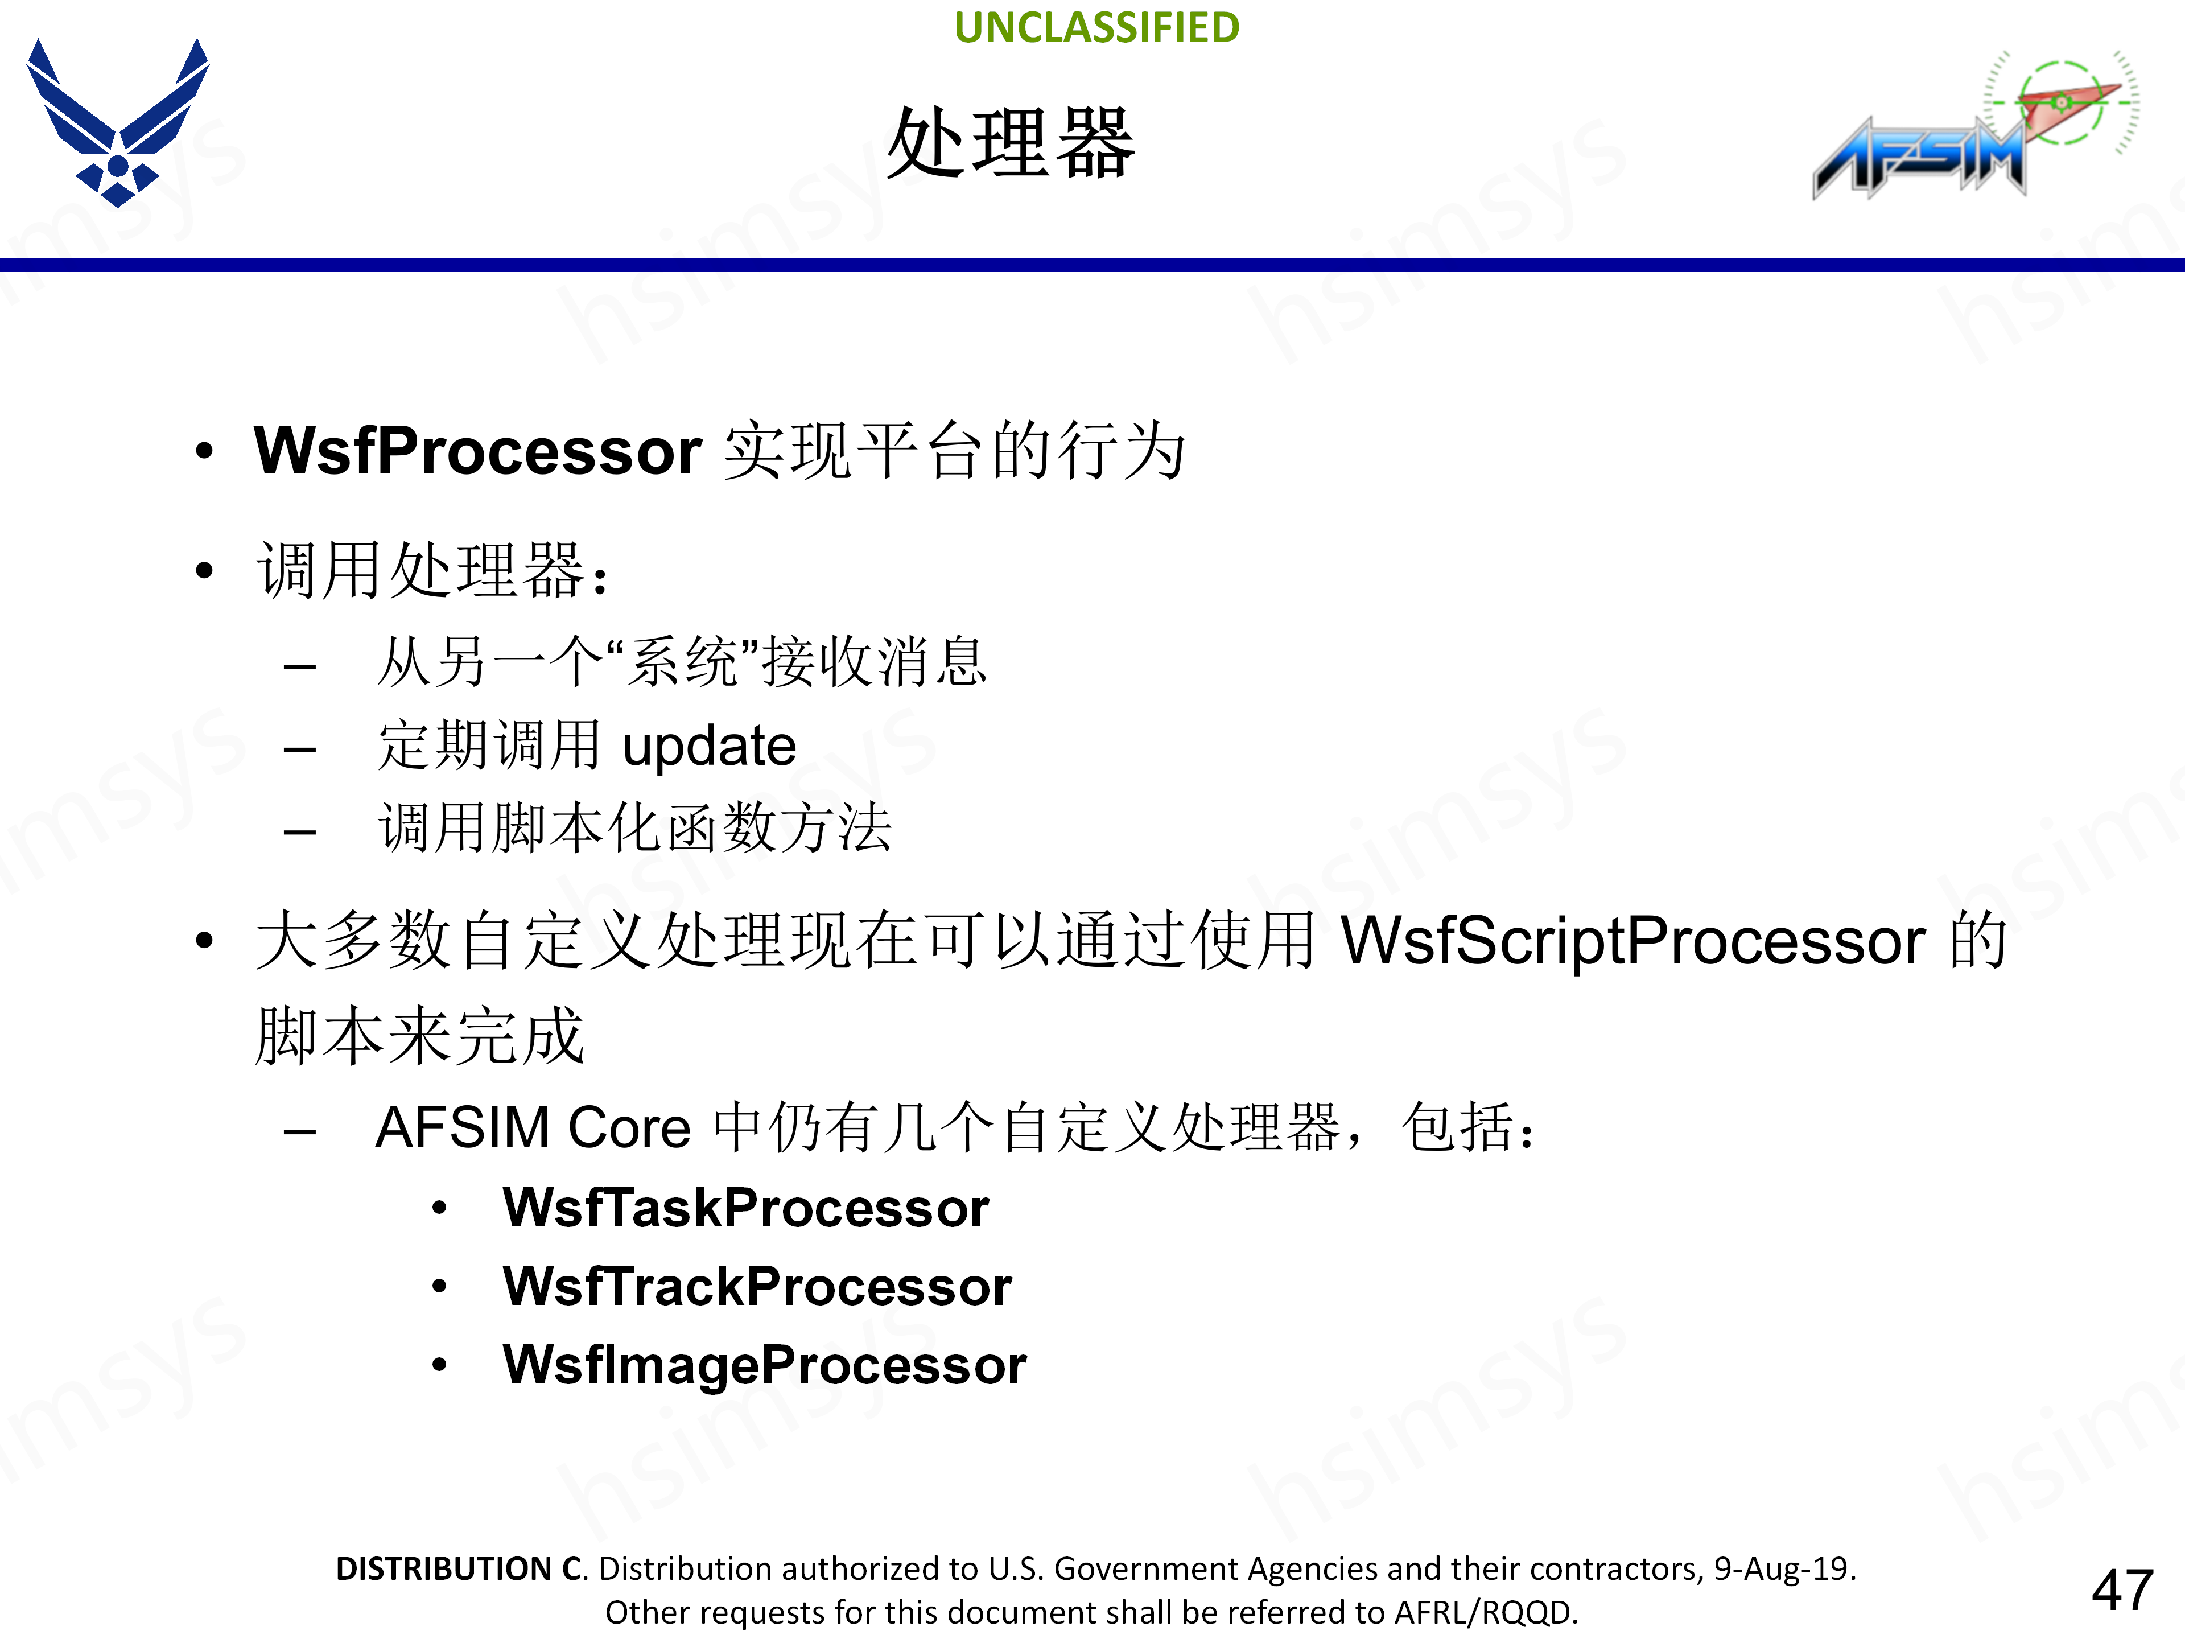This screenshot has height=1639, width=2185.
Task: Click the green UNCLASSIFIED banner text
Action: coord(1096,28)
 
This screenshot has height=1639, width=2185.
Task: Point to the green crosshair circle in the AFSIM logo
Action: coord(2063,102)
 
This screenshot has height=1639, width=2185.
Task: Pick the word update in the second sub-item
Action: coord(709,746)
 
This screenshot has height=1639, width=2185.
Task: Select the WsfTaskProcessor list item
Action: coord(746,1208)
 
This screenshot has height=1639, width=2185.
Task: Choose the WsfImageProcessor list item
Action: coord(765,1365)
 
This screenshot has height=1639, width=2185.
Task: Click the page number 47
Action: coord(2122,1589)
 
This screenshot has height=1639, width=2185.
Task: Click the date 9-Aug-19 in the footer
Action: coord(1783,1568)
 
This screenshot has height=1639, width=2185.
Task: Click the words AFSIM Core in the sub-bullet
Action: coord(533,1127)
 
